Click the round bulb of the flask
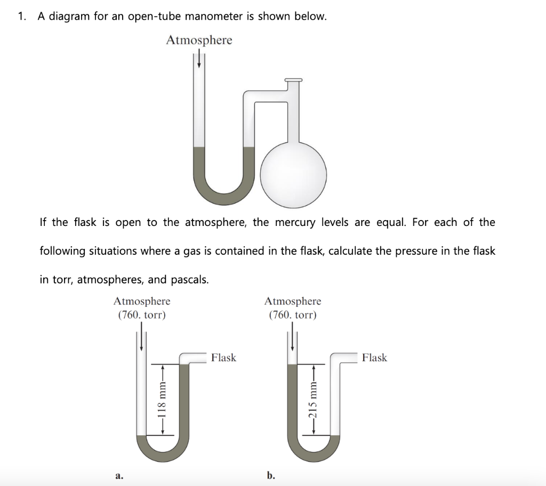coord(293,172)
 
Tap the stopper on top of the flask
coord(293,80)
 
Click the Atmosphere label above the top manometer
coord(199,40)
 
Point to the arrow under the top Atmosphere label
coord(199,59)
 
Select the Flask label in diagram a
coord(223,358)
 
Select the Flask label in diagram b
coord(374,358)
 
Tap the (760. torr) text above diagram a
coord(142,315)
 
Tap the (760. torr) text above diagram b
coord(293,315)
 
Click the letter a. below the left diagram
coord(119,475)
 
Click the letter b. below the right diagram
coord(271,475)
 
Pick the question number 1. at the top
coord(21,16)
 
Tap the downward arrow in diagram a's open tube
coord(141,339)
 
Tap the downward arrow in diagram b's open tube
coord(292,339)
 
